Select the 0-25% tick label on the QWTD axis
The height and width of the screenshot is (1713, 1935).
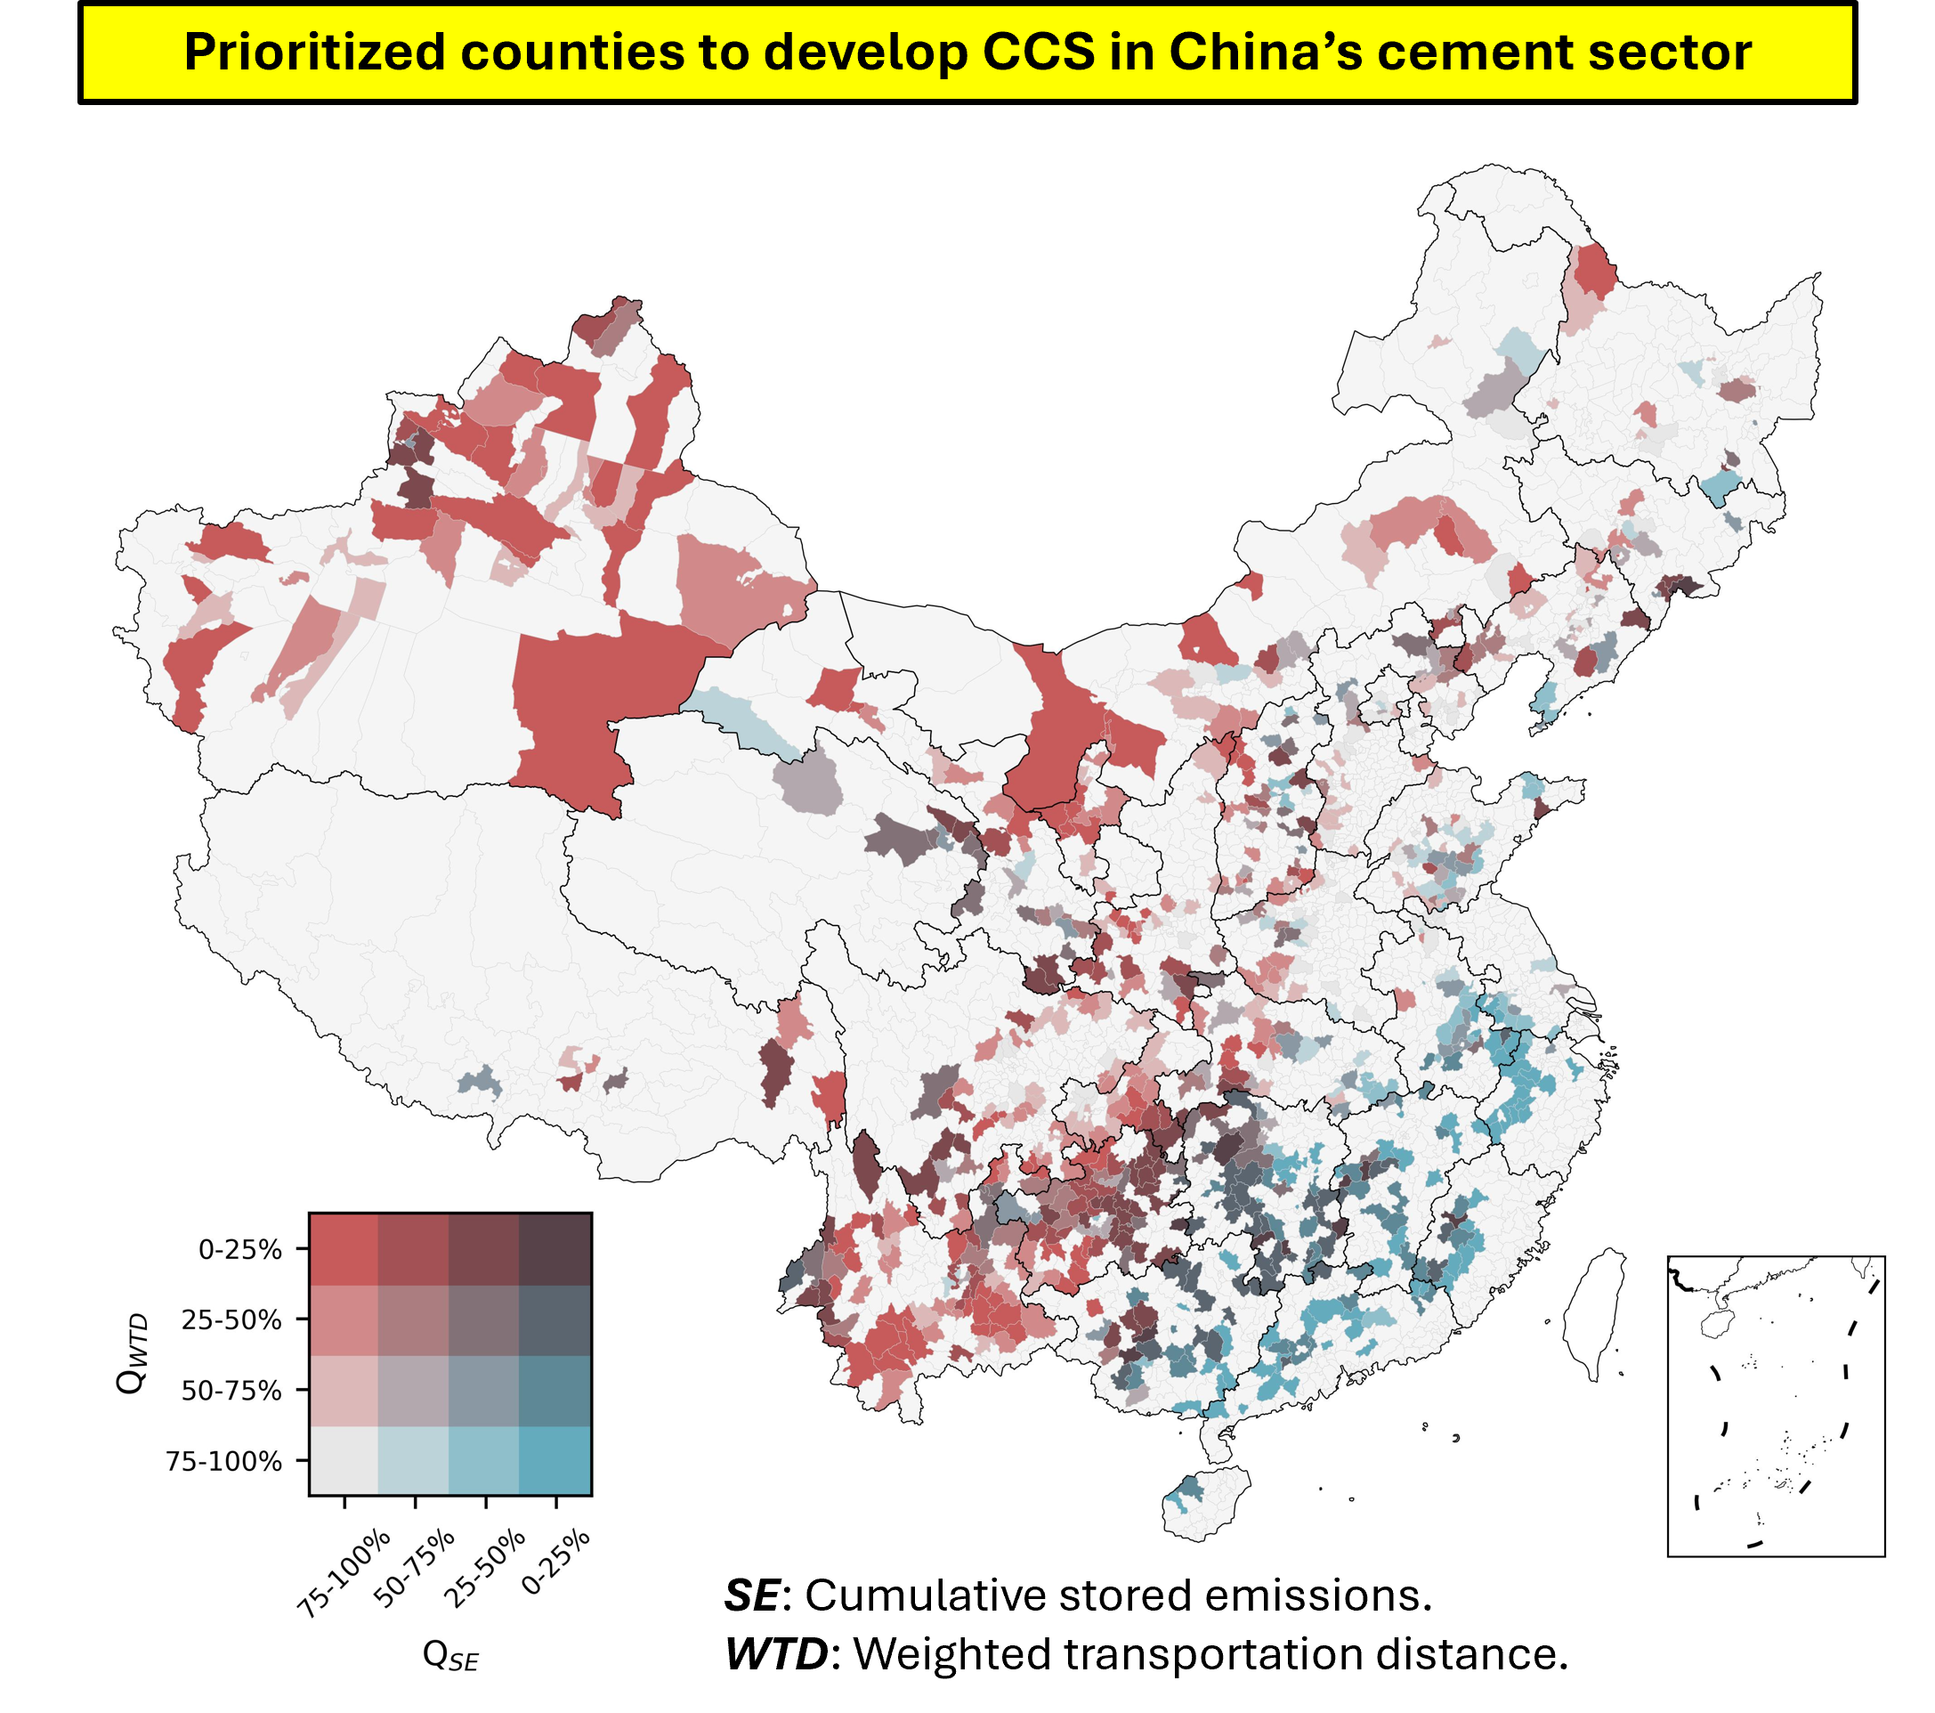(239, 1250)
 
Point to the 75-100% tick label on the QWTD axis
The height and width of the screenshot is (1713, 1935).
(223, 1461)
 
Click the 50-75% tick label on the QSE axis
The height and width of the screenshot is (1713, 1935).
(413, 1568)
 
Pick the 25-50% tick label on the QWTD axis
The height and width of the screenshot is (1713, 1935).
(232, 1320)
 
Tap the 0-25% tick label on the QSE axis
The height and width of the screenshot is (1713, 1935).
(555, 1562)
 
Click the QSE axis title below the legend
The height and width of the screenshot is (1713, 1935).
(449, 1655)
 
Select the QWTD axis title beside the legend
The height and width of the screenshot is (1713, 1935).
(132, 1353)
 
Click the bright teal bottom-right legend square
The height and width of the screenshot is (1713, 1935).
(555, 1460)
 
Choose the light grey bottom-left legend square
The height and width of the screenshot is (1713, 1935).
(344, 1460)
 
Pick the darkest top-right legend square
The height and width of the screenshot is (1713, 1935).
(555, 1249)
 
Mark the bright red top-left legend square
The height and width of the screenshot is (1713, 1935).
(344, 1249)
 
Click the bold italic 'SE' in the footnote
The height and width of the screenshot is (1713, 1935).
(751, 1595)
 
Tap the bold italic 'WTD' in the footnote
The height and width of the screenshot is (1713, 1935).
(776, 1654)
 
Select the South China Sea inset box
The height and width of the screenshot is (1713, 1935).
(1775, 1406)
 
